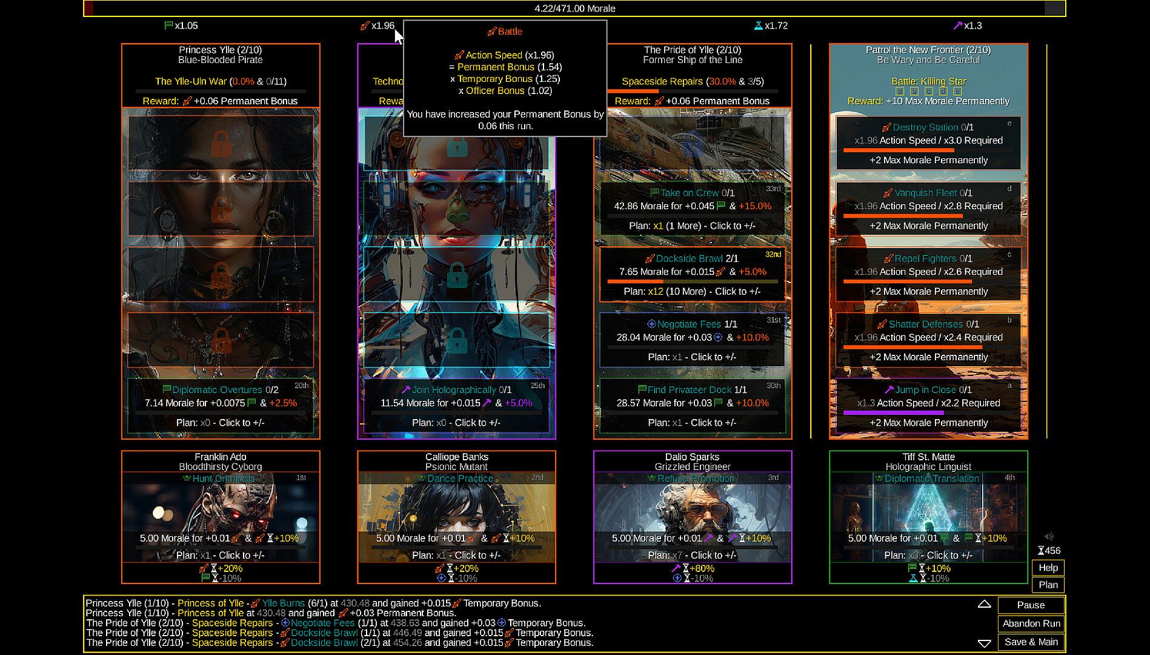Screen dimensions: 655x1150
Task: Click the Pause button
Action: point(1031,605)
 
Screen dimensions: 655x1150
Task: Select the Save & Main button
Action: point(1031,642)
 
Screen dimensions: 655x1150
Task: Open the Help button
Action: point(1048,568)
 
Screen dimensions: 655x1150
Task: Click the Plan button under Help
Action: point(1048,585)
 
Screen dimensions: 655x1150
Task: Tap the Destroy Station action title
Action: point(925,127)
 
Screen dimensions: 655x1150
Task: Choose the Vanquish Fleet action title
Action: point(925,193)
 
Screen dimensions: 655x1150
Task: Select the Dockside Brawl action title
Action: point(689,258)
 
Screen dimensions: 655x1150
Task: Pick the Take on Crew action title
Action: point(689,193)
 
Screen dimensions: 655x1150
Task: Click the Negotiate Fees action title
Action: point(689,324)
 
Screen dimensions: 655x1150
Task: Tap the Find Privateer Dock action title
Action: point(689,390)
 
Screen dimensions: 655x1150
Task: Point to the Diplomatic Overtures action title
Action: point(217,390)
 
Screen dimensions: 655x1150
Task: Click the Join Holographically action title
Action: point(453,390)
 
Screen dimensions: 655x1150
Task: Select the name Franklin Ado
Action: point(221,457)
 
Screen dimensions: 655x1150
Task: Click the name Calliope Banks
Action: point(457,457)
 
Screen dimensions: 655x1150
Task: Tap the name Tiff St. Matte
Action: point(928,457)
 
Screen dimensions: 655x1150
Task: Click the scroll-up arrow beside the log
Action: point(984,604)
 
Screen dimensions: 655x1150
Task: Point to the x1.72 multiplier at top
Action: point(776,25)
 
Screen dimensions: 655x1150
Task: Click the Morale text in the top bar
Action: point(574,8)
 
